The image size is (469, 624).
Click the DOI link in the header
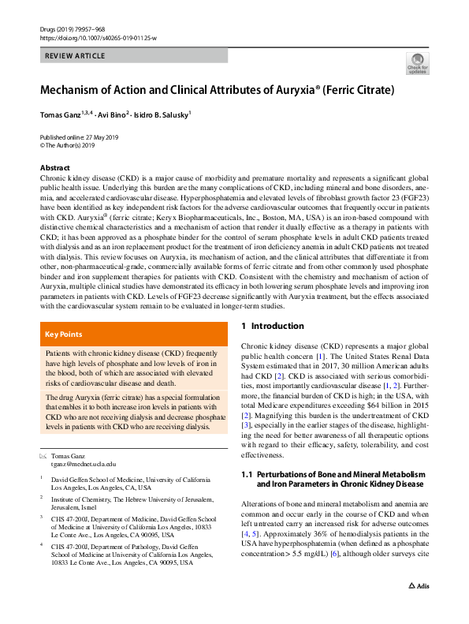(98, 37)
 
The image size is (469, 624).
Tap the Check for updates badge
(417, 64)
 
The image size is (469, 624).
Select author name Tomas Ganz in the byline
(64, 114)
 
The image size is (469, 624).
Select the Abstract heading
(55, 168)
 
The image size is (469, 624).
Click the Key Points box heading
(63, 334)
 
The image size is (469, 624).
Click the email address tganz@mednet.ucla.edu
(83, 465)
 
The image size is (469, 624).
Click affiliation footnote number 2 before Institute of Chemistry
(42, 499)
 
